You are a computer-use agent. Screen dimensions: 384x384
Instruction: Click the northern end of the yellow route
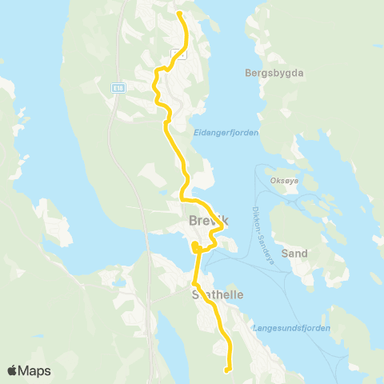click(x=178, y=14)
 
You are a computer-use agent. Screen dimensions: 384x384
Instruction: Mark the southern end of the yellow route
click(x=228, y=370)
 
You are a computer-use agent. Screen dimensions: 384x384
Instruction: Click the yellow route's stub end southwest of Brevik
click(x=194, y=245)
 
